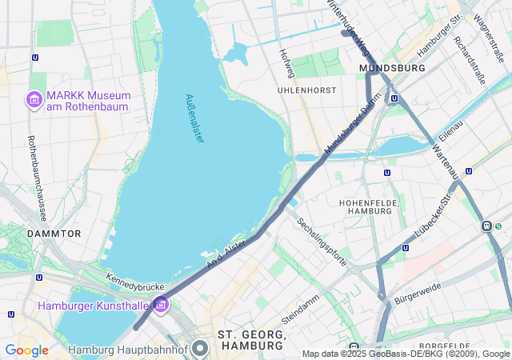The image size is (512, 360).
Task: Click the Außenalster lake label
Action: point(194,119)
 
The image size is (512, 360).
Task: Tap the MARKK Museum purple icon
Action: point(34,100)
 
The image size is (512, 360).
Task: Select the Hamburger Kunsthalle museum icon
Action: point(161,305)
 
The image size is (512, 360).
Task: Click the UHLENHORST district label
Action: point(306,90)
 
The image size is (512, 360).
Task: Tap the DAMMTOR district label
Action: point(54,234)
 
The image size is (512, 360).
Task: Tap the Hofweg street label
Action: point(286,62)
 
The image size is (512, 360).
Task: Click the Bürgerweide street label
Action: point(418,295)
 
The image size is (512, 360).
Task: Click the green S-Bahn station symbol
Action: point(486,226)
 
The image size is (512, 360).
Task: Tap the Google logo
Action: point(26,350)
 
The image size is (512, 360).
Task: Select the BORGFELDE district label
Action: point(443,346)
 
